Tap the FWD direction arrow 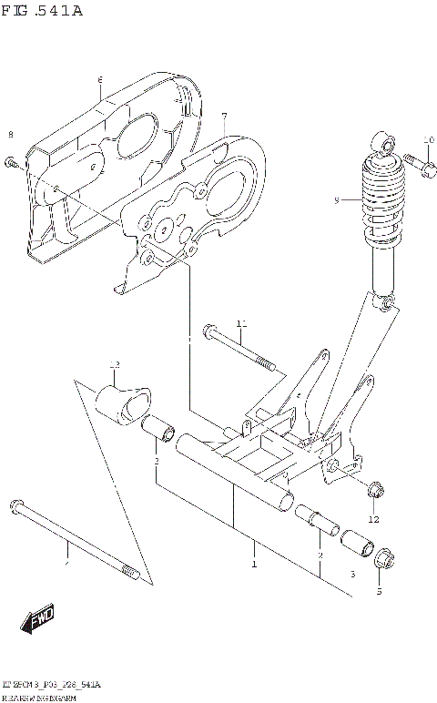37,621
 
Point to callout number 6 100,81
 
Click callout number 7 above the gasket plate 223,117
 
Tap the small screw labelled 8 13,163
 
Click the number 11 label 241,324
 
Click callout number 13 115,365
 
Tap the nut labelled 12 373,493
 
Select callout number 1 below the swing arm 255,565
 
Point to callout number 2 320,555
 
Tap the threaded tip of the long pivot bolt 130,574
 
